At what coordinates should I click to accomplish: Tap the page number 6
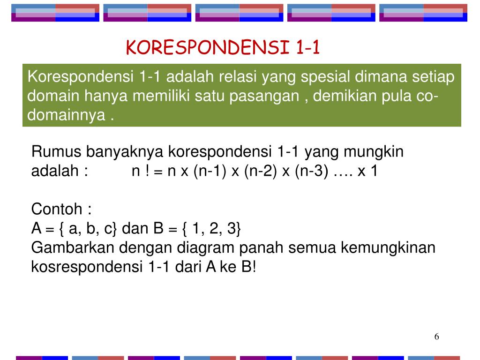(436, 337)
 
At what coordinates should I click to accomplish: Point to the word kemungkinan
(388, 247)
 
